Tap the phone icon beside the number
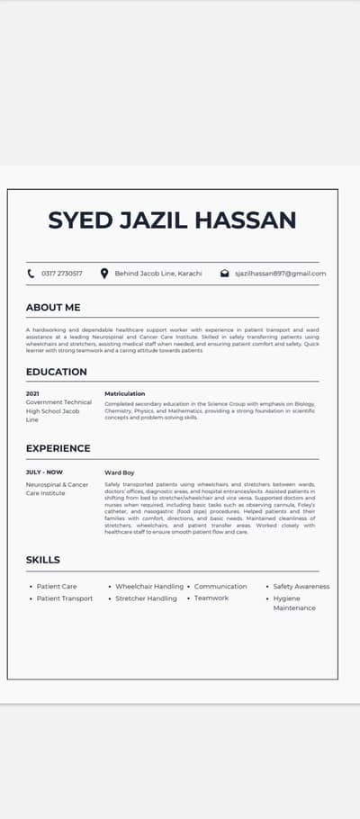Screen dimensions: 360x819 tap(31, 273)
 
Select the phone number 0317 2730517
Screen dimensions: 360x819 tap(62, 273)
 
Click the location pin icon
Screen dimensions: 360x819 tap(104, 273)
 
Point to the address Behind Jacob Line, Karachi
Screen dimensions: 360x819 tap(158, 273)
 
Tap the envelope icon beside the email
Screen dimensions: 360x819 tap(224, 273)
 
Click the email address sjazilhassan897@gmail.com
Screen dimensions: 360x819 tap(280, 273)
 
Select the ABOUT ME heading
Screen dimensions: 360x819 tap(53, 308)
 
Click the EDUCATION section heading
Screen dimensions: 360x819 tap(57, 372)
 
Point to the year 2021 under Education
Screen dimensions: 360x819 tap(32, 393)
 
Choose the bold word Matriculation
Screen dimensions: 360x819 tap(124, 393)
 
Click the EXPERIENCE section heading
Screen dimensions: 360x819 tap(58, 448)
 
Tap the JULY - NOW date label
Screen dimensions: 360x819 tap(45, 472)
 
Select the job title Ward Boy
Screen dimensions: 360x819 tap(119, 472)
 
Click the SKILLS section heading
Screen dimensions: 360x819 tap(43, 560)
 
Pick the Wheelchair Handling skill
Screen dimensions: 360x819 tap(149, 586)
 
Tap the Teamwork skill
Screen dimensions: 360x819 tap(211, 598)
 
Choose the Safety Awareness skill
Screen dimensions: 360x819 tap(301, 586)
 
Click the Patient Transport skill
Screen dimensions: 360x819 tap(65, 598)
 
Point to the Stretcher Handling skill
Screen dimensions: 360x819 tap(146, 598)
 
